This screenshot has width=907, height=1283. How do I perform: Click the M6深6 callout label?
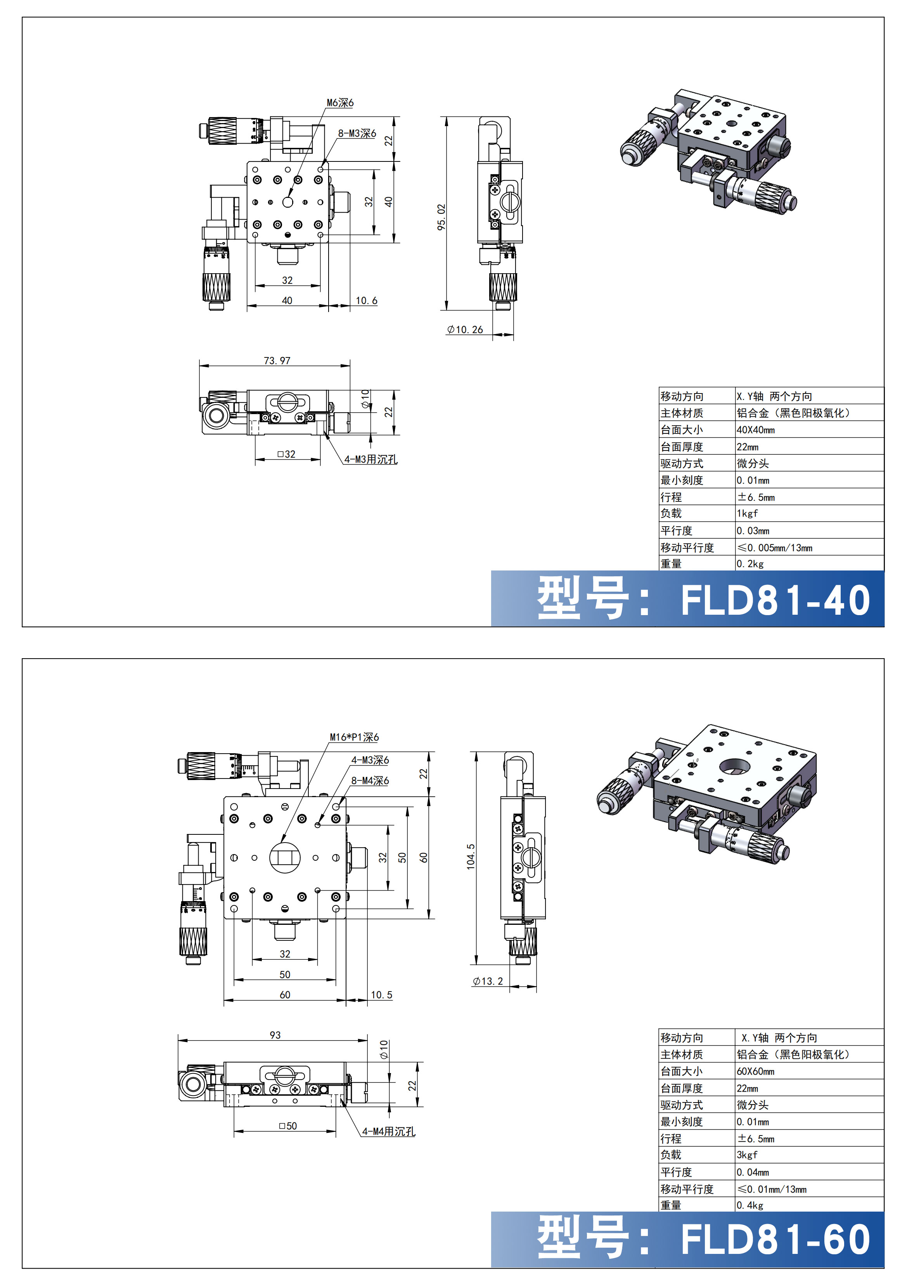pos(340,103)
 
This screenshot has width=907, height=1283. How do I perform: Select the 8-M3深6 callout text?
pos(357,134)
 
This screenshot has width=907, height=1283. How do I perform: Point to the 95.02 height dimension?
pos(441,217)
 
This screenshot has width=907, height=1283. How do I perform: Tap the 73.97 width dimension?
pos(277,361)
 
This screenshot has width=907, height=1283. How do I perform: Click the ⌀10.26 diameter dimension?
pos(465,330)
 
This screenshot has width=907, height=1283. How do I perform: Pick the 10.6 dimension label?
pos(366,301)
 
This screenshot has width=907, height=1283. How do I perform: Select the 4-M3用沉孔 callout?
pos(371,459)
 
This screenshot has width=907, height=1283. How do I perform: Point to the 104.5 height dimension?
pos(471,856)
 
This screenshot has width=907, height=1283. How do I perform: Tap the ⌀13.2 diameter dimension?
pos(488,981)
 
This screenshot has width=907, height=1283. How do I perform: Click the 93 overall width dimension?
pos(275,1035)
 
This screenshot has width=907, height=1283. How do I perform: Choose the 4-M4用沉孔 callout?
pos(389,1132)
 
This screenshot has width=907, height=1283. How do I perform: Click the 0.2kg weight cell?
pos(749,564)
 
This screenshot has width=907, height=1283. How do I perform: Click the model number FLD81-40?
pos(775,600)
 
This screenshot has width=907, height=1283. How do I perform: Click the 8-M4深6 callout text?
pos(370,781)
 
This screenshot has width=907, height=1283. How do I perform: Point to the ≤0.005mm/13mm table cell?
pos(775,548)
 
